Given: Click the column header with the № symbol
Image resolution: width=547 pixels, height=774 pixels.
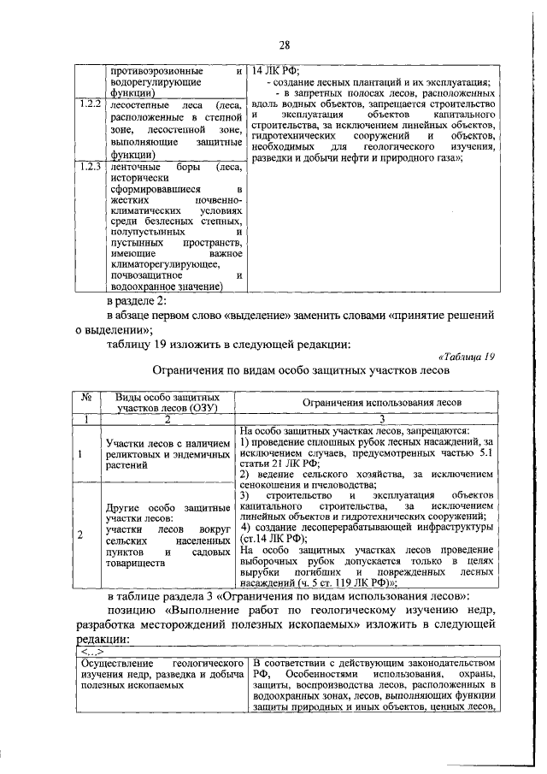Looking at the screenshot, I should pyautogui.click(x=85, y=399).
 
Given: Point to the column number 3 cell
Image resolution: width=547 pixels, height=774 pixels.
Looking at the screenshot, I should pyautogui.click(x=370, y=419).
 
